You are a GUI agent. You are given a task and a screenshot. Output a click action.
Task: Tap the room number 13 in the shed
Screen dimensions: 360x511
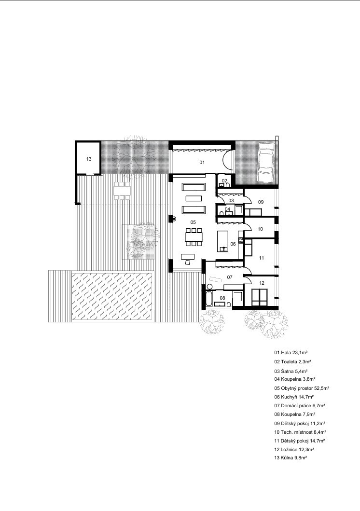[89, 159]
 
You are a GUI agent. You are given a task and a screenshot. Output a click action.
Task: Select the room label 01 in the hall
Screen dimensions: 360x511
[202, 162]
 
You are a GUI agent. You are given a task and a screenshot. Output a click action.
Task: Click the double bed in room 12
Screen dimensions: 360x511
[260, 297]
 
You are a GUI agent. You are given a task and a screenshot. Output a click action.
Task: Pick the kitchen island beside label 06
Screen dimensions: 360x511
[223, 241]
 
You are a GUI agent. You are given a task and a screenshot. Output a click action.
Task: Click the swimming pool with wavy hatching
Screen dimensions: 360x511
[112, 296]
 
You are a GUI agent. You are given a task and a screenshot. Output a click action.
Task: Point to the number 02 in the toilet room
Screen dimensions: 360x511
[224, 180]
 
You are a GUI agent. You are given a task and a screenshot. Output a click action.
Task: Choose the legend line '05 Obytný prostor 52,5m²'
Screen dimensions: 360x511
[302, 388]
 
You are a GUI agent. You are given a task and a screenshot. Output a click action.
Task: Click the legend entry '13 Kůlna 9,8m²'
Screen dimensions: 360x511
[291, 457]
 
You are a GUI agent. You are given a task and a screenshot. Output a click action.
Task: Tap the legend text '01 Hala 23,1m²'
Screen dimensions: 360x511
[291, 353]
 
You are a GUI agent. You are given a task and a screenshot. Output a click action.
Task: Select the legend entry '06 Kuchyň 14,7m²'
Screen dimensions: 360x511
[294, 397]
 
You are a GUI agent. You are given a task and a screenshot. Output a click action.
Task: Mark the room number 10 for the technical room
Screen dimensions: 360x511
[260, 229]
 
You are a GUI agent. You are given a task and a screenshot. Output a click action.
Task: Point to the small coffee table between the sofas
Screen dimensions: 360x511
[194, 198]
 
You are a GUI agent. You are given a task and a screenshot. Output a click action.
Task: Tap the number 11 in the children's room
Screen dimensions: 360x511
[261, 258]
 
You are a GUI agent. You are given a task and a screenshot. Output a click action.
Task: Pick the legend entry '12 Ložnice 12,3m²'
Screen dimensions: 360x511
[294, 449]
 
